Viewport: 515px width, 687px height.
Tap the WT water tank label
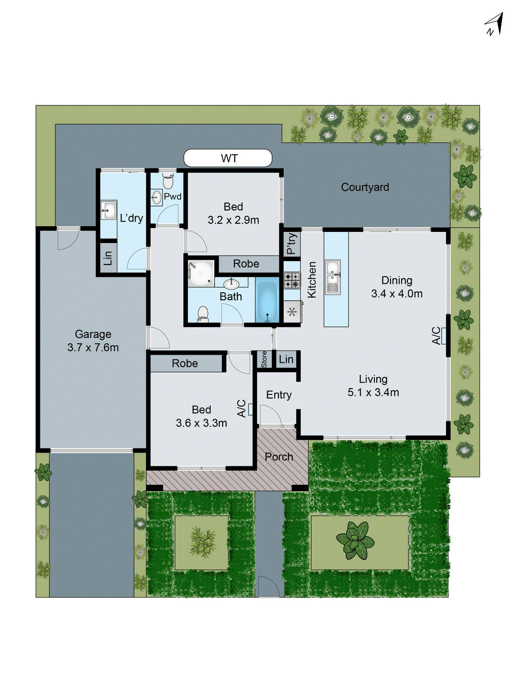[229, 158]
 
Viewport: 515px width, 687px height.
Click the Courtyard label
[365, 187]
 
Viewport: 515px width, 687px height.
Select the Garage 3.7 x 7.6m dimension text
[93, 347]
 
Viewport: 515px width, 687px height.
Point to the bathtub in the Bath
[267, 300]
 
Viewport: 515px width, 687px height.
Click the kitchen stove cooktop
[292, 280]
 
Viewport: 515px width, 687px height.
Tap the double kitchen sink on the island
[333, 277]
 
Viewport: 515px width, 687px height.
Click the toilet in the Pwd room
[168, 181]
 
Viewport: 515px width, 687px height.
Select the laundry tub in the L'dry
[108, 210]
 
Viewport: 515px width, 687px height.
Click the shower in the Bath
[201, 273]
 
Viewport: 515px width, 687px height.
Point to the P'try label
[291, 244]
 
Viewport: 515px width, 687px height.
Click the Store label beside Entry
[264, 359]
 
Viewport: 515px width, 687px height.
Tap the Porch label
[279, 457]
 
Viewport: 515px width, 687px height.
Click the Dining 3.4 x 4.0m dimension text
[397, 294]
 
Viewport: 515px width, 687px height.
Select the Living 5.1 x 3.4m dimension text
[373, 392]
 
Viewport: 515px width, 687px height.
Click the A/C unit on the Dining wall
[444, 336]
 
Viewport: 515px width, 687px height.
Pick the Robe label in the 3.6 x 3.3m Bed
[185, 363]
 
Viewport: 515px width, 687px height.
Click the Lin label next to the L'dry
[108, 258]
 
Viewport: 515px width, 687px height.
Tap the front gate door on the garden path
[269, 587]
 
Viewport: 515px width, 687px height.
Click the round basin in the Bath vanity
[231, 284]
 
